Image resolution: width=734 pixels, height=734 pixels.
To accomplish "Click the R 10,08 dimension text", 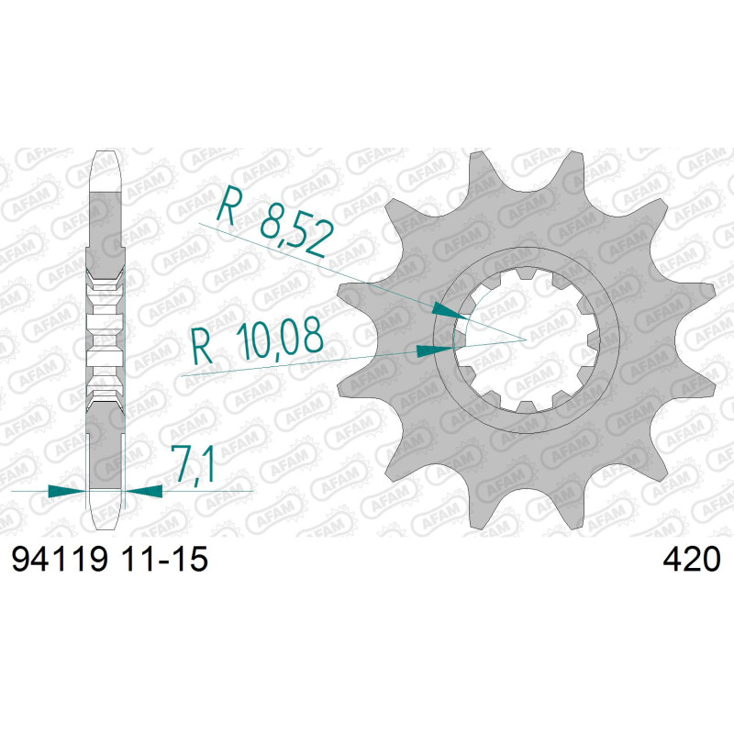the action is (x=258, y=339).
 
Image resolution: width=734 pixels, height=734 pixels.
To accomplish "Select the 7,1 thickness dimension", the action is (x=193, y=463).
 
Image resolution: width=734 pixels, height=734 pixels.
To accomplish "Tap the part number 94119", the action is (x=60, y=559).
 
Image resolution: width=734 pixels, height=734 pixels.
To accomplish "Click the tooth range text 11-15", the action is (x=164, y=559).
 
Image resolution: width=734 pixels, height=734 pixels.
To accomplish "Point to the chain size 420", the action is (x=692, y=559).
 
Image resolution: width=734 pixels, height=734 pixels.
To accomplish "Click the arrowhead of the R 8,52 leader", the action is (x=450, y=310).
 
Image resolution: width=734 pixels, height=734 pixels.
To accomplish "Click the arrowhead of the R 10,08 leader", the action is (x=435, y=351).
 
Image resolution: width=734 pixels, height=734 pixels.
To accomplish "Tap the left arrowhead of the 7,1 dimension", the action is (x=67, y=491).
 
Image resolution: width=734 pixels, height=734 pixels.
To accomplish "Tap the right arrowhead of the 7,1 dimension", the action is (x=144, y=491).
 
